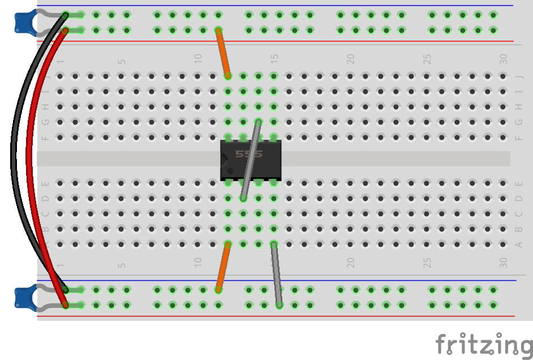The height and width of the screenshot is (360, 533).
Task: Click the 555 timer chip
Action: pos(251,160)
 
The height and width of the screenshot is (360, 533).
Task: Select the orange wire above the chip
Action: pos(222,52)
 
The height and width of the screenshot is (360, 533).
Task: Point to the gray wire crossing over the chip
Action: pos(251,160)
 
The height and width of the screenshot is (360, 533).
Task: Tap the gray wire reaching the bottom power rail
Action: pos(276,275)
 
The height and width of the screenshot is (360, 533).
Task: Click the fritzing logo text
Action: pos(483,344)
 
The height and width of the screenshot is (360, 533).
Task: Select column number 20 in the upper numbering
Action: pos(351,58)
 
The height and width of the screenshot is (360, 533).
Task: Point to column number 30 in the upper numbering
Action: pos(504,58)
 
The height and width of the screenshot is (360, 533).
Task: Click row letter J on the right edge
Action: pos(518,76)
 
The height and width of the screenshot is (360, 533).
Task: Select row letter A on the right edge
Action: pos(518,245)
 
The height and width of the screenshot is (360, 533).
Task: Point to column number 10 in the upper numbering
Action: pos(198,58)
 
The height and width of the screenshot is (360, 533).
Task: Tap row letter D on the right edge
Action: pos(518,199)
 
